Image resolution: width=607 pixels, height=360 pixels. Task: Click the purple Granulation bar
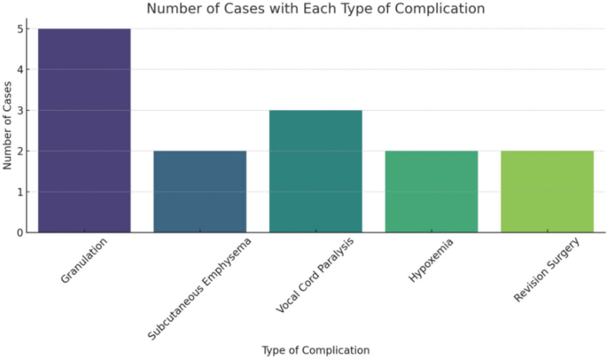tap(84, 130)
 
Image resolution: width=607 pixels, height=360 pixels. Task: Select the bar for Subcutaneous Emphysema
tap(199, 192)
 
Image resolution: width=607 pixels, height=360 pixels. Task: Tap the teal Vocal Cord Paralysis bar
tap(315, 171)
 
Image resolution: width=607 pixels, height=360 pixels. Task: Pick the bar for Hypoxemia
tap(432, 192)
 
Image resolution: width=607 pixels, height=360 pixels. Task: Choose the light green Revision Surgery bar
tap(547, 192)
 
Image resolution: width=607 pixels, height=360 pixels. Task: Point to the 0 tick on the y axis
tap(19, 233)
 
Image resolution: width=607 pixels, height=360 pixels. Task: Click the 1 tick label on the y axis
tap(19, 192)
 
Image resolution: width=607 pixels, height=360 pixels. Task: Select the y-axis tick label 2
tap(19, 152)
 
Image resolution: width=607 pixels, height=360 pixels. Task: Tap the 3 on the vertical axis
tap(19, 111)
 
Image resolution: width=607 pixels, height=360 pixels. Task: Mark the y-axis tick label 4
tap(19, 70)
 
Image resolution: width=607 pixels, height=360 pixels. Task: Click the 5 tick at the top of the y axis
tap(19, 29)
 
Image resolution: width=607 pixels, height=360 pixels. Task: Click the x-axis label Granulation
tap(84, 261)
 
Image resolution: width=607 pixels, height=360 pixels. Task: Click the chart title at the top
tap(315, 10)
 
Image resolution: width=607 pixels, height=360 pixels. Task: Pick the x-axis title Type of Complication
tap(315, 350)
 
